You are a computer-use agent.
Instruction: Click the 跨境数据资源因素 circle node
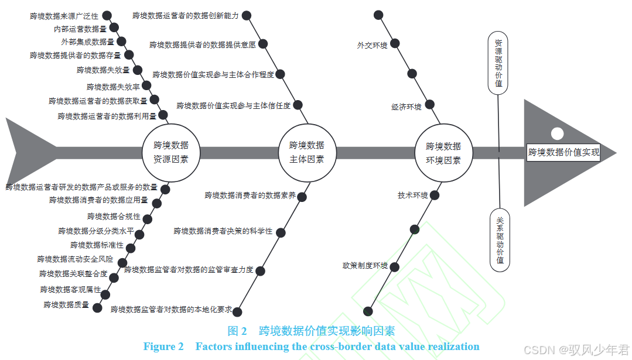pos(171,152)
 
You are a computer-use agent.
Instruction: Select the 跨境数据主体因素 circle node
pos(306,152)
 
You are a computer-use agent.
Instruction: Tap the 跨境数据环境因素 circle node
pos(443,152)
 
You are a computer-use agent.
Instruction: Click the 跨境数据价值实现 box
pos(563,153)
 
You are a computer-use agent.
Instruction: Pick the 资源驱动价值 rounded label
pos(498,63)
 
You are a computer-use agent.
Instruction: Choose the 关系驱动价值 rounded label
pos(500,240)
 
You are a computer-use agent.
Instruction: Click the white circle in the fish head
pos(557,133)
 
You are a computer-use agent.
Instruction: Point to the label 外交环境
pos(372,45)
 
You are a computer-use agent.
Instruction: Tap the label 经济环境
pos(406,107)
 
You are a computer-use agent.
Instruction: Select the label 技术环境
pos(412,196)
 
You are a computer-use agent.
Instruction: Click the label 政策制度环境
pos(365,266)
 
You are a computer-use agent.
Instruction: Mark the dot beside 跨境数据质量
pos(97,307)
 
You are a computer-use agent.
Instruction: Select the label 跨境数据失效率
pos(113,87)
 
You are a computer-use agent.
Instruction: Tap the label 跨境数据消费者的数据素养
pos(250,196)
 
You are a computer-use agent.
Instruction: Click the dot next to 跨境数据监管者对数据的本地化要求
pos(237,311)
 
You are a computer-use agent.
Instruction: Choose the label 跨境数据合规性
pos(114,217)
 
